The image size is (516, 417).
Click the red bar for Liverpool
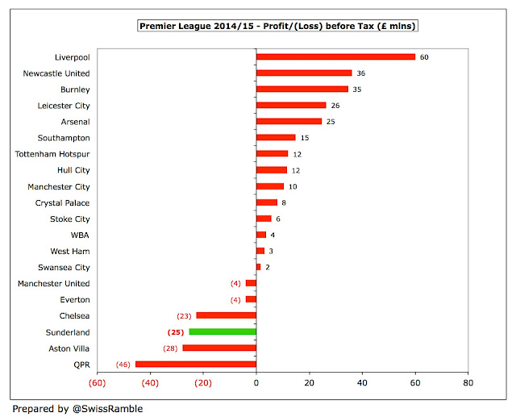335,56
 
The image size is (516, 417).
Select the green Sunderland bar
223,332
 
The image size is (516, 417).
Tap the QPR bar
195,364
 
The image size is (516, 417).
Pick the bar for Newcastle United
304,73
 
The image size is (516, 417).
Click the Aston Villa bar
219,348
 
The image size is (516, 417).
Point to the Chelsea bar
226,315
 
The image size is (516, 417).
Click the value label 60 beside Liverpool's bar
424,56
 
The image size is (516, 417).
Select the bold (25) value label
176,332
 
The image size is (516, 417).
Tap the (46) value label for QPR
124,364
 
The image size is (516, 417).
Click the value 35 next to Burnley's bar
356,89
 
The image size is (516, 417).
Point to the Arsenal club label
74,121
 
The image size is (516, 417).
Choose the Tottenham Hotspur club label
52,153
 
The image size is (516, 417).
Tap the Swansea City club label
64,267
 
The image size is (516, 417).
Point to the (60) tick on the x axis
98,383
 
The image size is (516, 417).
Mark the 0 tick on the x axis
256,383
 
